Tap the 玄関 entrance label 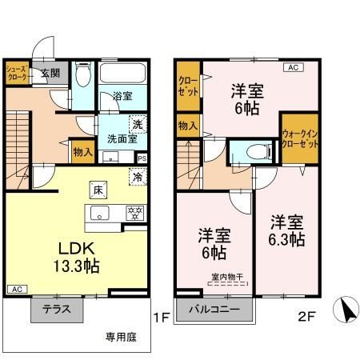pos(50,72)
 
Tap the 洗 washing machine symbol pos(137,124)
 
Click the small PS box pos(142,158)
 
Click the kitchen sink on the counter pos(100,213)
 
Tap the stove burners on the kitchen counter pos(135,213)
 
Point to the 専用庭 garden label pos(119,336)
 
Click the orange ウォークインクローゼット pos(299,142)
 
